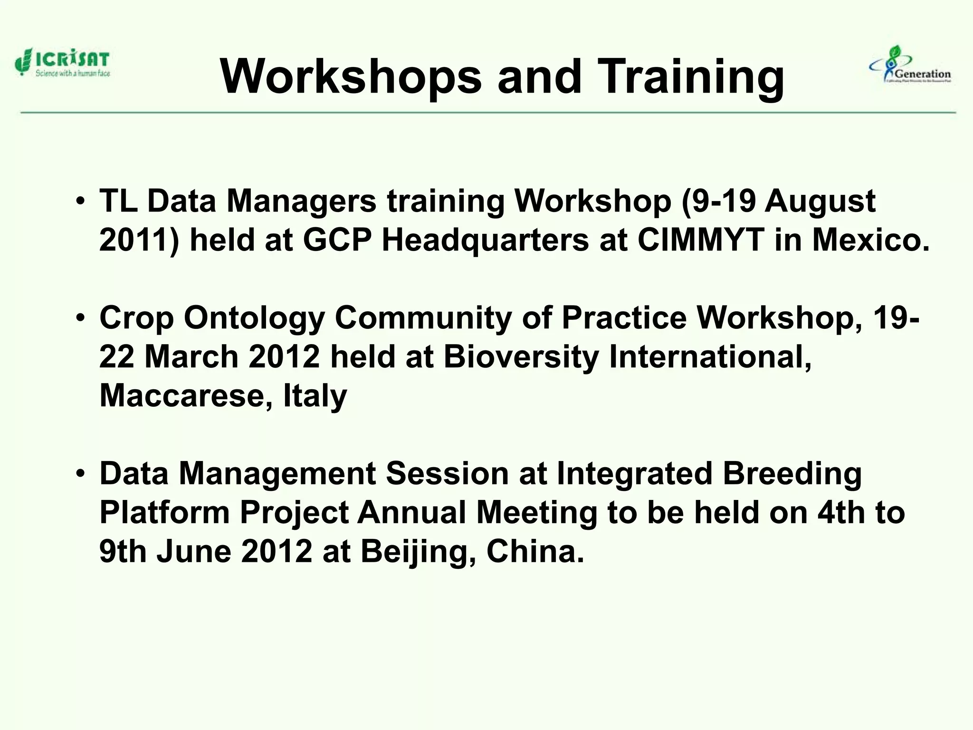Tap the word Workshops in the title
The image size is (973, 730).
pyautogui.click(x=351, y=77)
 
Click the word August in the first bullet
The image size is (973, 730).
pyautogui.click(x=820, y=201)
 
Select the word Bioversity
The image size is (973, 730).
pyautogui.click(x=521, y=356)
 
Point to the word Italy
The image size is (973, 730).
pyautogui.click(x=315, y=395)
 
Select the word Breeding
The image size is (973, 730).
pyautogui.click(x=792, y=474)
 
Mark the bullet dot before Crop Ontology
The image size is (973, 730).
pyautogui.click(x=81, y=317)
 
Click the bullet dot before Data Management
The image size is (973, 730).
pyautogui.click(x=81, y=473)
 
